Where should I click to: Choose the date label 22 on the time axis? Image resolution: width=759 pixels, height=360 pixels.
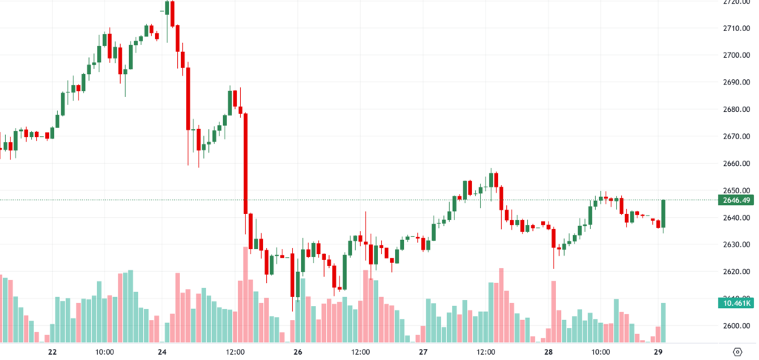pyautogui.click(x=51, y=352)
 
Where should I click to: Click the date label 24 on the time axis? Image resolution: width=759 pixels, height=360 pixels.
pyautogui.click(x=162, y=352)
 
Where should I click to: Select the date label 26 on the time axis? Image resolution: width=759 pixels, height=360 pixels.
pyautogui.click(x=298, y=352)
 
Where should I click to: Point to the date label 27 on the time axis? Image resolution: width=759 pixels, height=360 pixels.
pyautogui.click(x=422, y=352)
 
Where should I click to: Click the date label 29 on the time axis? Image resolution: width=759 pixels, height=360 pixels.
pyautogui.click(x=659, y=352)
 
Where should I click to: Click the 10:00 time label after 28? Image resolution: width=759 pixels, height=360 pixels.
pyautogui.click(x=600, y=352)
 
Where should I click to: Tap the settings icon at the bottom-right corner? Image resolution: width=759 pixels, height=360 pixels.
pyautogui.click(x=738, y=352)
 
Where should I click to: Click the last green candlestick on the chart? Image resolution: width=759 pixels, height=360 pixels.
pyautogui.click(x=664, y=213)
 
